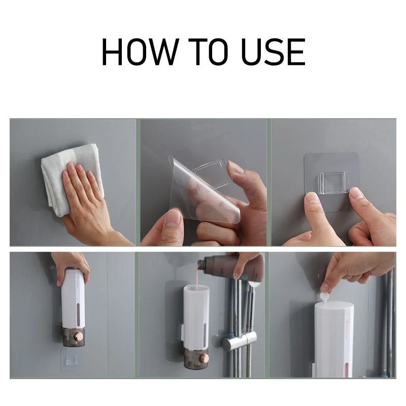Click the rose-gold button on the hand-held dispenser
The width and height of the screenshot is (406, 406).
(79, 337)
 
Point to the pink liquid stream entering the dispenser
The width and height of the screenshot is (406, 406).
(198, 278)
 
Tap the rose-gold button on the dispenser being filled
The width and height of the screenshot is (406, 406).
(204, 359)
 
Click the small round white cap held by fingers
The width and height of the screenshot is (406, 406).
(325, 296)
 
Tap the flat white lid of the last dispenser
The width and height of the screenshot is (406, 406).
(334, 306)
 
